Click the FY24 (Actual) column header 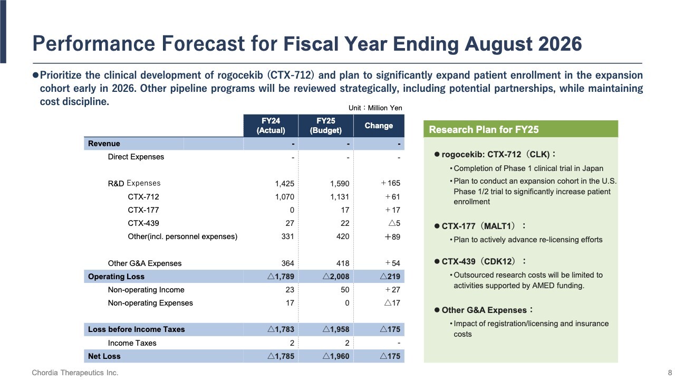click(271, 126)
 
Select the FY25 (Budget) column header click(326, 126)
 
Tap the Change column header click(379, 126)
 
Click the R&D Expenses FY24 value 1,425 click(284, 184)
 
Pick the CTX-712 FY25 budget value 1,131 click(339, 197)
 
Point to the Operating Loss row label click(116, 277)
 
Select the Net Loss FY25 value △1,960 click(336, 356)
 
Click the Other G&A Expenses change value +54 click(392, 263)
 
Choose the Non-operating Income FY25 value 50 click(343, 290)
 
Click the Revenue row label click(104, 144)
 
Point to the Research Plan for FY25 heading click(484, 130)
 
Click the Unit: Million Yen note click(375, 108)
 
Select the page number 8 click(670, 373)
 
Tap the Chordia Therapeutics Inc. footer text click(75, 373)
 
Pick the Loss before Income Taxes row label click(136, 329)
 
